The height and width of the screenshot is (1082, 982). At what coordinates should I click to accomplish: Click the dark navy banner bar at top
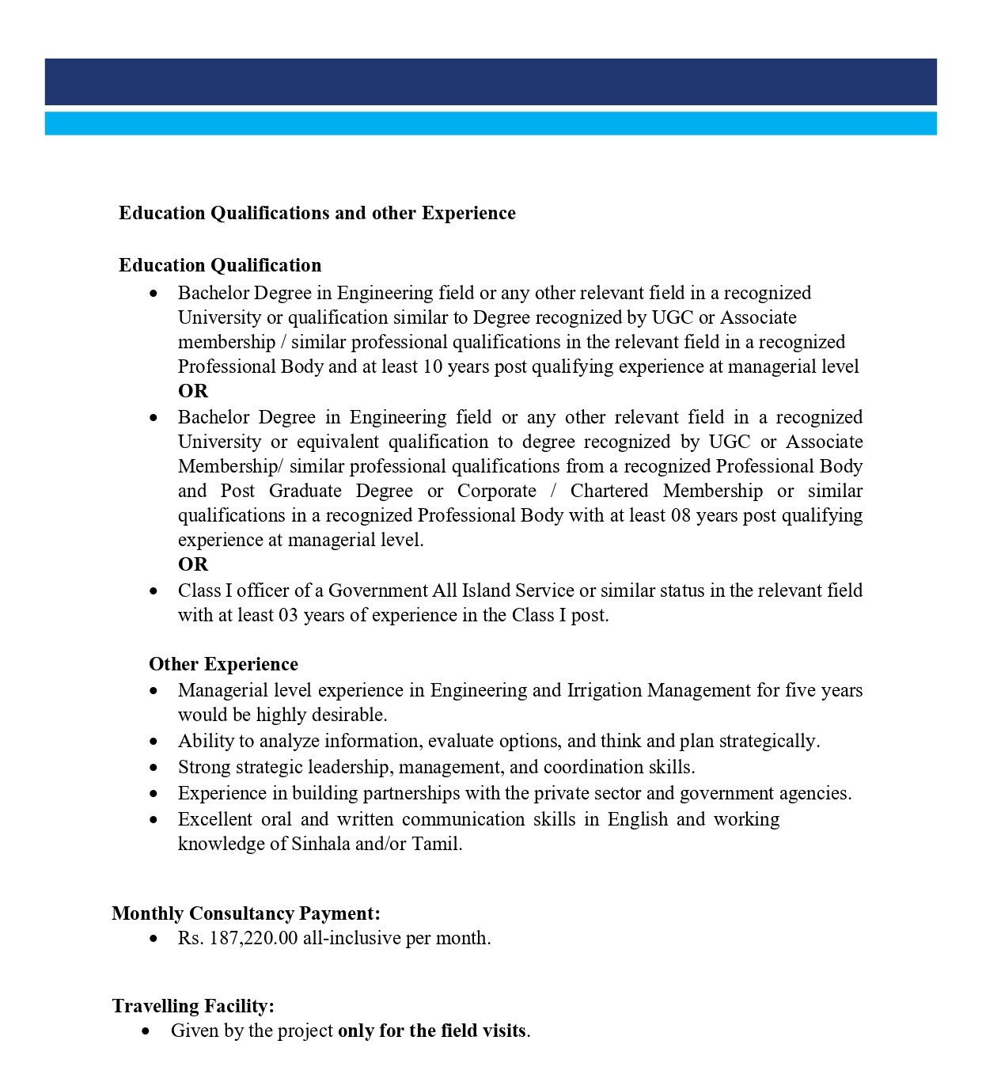coord(491,82)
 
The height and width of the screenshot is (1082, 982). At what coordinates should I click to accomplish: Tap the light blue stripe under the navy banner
coord(491,123)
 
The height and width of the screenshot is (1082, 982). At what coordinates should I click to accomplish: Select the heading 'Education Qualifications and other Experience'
coord(317,213)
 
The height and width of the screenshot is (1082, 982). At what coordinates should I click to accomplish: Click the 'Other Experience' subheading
coord(223,664)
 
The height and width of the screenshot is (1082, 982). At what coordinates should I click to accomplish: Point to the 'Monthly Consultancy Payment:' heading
coord(246,913)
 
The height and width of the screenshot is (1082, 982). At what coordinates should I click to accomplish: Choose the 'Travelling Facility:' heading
coord(193,1006)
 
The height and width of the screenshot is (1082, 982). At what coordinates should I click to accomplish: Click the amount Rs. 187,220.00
coord(237,938)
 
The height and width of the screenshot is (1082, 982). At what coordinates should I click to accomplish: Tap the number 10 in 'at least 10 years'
coord(433,366)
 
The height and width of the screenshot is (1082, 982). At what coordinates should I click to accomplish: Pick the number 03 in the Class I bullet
coord(288,615)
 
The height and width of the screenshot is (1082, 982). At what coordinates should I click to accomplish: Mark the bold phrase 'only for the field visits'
coord(432,1031)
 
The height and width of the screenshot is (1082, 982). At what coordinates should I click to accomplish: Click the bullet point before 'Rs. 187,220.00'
coord(154,939)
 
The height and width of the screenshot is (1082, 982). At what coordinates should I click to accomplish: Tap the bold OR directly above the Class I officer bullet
coord(193,564)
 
